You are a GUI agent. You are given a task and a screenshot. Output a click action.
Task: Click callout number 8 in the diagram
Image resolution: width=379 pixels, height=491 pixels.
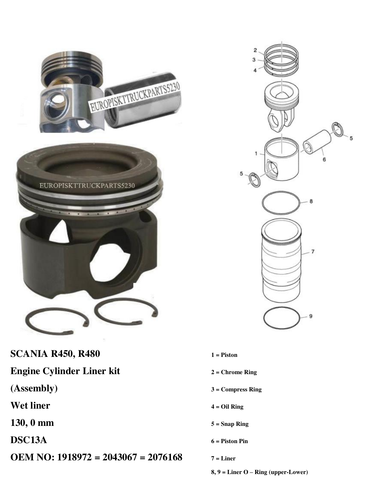[311, 201]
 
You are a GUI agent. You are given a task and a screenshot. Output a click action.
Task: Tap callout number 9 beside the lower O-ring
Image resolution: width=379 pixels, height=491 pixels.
[311, 316]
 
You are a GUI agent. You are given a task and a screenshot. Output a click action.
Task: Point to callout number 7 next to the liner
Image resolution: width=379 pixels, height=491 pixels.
[313, 252]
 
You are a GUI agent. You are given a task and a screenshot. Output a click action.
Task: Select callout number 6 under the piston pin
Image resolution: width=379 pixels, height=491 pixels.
[324, 159]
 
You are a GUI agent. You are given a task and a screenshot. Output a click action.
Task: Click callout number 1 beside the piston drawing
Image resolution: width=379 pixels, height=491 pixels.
[256, 153]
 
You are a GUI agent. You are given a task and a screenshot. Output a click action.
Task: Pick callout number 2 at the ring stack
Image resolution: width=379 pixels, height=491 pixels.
[255, 50]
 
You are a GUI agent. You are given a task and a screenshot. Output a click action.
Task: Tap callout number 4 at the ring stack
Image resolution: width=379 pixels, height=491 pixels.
[255, 70]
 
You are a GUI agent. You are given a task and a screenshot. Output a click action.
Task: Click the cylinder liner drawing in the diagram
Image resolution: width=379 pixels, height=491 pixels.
[282, 261]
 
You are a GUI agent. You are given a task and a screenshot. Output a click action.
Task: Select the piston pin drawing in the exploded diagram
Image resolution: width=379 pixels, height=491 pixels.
[317, 142]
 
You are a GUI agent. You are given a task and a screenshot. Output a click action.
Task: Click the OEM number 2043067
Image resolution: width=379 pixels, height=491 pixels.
[120, 457]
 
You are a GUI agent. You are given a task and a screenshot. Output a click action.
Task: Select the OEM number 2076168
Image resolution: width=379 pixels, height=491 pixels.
[165, 457]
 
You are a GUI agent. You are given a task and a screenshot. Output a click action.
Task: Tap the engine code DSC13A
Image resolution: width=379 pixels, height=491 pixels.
[29, 440]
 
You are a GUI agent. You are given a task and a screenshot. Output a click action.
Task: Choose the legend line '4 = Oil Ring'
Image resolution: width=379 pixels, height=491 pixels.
[227, 407]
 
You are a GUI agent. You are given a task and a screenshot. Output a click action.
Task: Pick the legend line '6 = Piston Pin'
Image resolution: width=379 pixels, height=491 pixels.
[229, 441]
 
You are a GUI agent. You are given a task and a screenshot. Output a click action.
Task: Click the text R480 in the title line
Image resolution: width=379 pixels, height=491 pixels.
[89, 354]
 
